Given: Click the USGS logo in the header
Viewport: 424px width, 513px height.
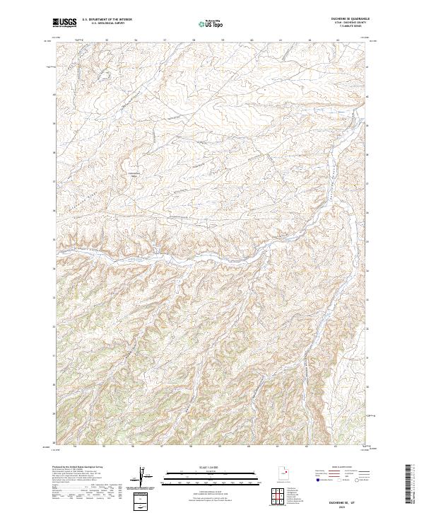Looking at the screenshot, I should [64, 23].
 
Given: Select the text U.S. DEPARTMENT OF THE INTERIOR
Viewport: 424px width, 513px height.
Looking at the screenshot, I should [107, 20].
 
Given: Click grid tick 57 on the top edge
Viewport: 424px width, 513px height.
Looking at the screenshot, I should [164, 40].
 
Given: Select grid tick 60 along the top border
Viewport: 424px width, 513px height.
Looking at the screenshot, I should [252, 40].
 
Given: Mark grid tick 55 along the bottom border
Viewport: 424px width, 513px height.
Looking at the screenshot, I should [104, 447].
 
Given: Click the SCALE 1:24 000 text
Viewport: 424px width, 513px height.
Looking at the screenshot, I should [208, 466].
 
